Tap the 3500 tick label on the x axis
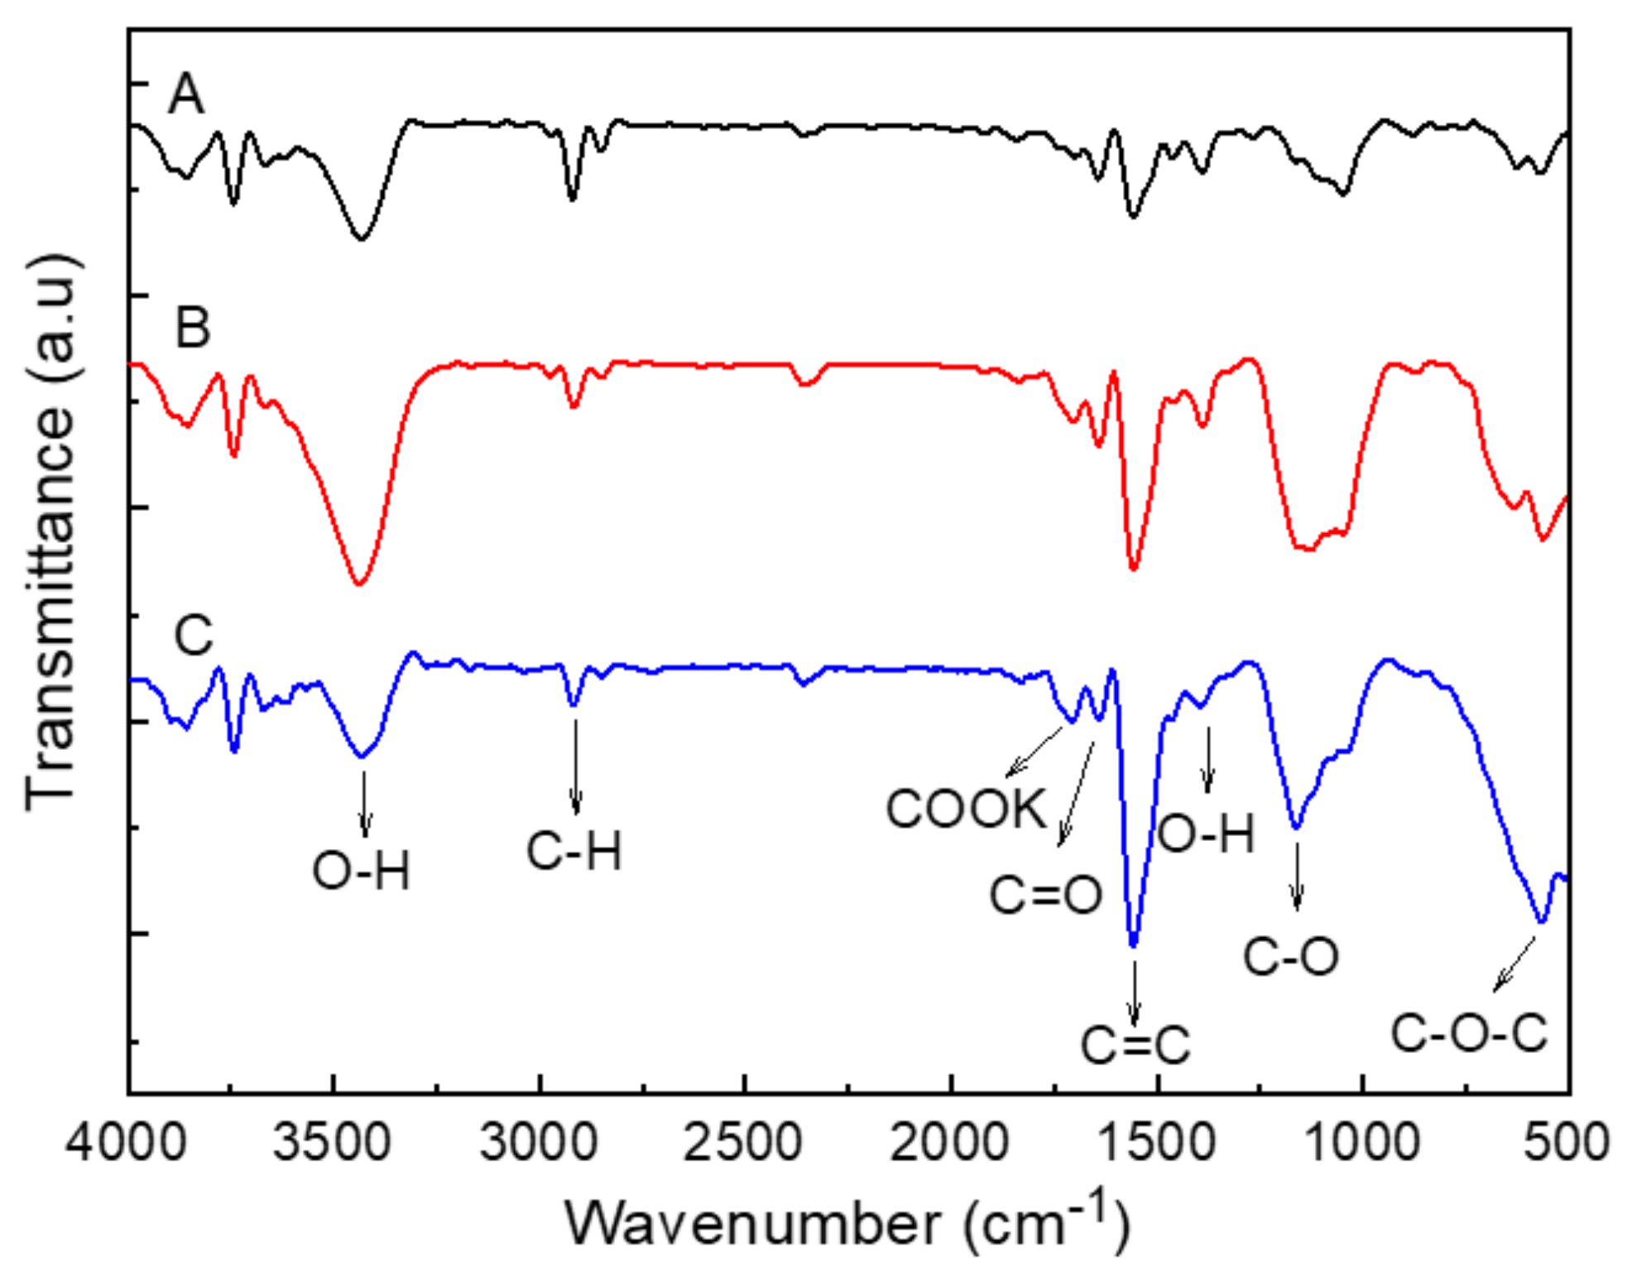(332, 1142)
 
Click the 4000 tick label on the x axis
(126, 1142)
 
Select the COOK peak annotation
(967, 809)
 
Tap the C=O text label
(1046, 895)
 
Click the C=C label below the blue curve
(1135, 1045)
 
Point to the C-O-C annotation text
(1469, 1033)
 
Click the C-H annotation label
(574, 851)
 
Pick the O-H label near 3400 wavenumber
(361, 872)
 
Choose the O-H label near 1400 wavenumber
(1207, 833)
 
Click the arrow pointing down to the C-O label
(1297, 877)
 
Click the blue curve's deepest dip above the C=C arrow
(1134, 945)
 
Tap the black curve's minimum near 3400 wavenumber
(361, 239)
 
